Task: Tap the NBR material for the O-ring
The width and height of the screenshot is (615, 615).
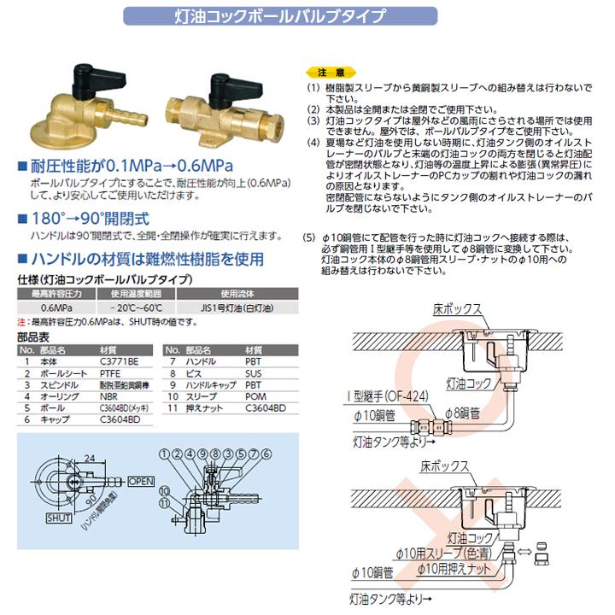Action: click(109, 396)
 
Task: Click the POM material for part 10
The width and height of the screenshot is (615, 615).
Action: click(255, 396)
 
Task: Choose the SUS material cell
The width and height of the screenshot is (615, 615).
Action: click(254, 373)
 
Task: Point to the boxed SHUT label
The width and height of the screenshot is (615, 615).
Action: click(60, 518)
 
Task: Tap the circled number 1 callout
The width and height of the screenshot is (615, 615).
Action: click(163, 453)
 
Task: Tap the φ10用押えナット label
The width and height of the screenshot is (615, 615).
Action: click(458, 568)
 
